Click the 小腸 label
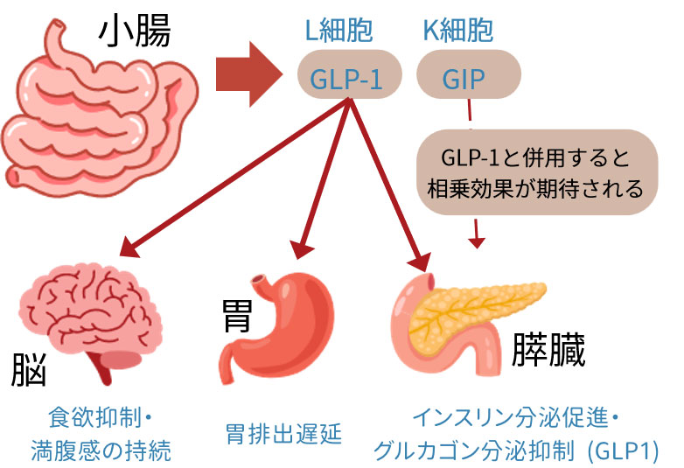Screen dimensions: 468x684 tap(134, 32)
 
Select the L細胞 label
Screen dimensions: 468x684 tap(338, 31)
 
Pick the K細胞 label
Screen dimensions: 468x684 tap(457, 31)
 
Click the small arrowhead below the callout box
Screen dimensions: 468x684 tap(477, 237)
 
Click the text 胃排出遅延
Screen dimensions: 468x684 tap(282, 433)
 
